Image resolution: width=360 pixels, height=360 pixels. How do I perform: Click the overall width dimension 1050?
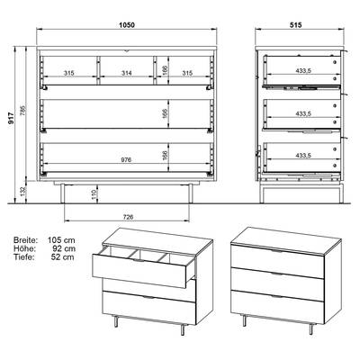tap(127, 25)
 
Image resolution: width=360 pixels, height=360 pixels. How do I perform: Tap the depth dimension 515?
tap(295, 25)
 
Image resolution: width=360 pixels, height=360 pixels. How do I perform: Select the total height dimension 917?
tap(11, 118)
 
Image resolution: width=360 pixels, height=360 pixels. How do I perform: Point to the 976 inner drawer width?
tap(127, 160)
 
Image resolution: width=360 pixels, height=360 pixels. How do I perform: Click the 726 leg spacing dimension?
tap(128, 217)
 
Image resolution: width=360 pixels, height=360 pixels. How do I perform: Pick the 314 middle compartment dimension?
tap(127, 73)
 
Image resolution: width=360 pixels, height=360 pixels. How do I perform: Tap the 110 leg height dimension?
tap(94, 195)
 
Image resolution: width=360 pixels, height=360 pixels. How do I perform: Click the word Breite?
tap(26, 240)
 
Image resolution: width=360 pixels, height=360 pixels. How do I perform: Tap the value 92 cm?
tap(63, 248)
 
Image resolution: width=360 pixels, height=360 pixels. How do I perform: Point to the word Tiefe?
tap(24, 256)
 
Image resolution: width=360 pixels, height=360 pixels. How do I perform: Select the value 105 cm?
tap(61, 240)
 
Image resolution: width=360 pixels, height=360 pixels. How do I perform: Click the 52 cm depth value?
tap(63, 256)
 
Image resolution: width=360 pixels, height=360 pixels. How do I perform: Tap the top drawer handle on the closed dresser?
tap(277, 251)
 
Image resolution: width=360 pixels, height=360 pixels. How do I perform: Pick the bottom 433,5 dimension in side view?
tap(303, 156)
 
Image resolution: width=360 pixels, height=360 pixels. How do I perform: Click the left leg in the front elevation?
tap(63, 193)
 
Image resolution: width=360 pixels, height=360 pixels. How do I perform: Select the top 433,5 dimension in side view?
tap(303, 70)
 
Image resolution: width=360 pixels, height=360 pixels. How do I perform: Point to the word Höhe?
tap(24, 248)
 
